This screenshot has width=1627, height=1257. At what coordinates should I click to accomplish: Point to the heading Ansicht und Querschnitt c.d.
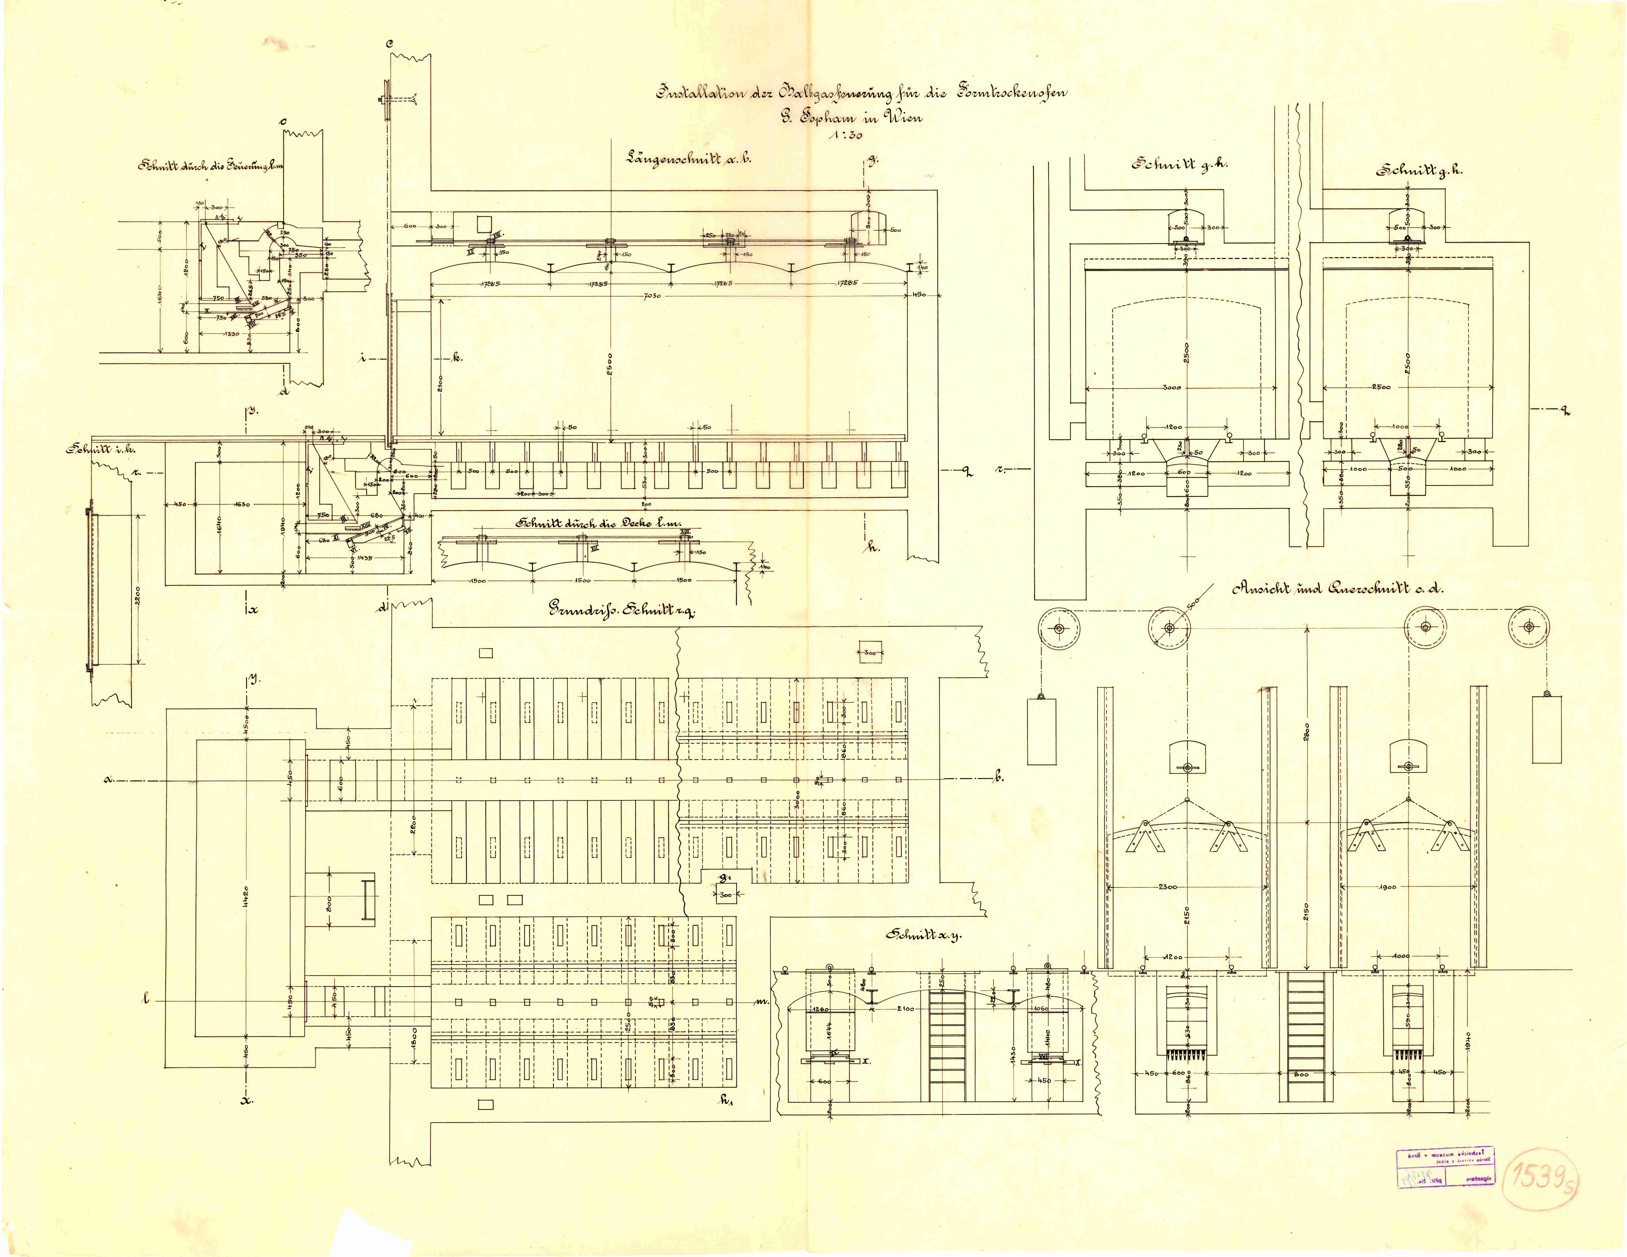pos(1337,589)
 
